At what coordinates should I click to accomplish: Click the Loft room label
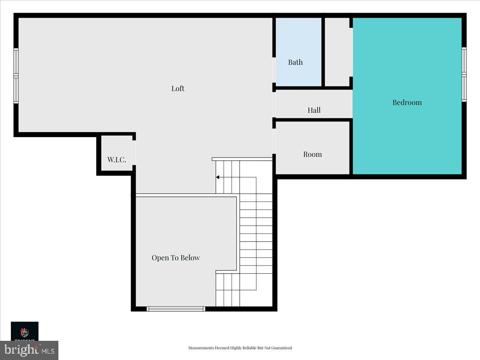[178, 88]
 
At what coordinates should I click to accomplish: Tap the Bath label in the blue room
[295, 62]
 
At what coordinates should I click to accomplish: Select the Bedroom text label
[407, 102]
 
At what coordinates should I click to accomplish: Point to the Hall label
[314, 110]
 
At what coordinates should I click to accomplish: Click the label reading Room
[312, 154]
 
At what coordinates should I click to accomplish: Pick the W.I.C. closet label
[116, 160]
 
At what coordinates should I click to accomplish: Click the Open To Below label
[176, 258]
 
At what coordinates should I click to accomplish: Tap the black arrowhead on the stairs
[218, 177]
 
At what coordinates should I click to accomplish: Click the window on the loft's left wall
[16, 76]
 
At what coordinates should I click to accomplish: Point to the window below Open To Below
[176, 308]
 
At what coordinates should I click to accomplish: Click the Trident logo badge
[24, 332]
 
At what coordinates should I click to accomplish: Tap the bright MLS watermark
[29, 350]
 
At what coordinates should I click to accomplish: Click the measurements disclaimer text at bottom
[240, 348]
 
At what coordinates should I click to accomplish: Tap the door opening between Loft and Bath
[274, 70]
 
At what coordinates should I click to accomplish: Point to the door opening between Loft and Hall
[274, 105]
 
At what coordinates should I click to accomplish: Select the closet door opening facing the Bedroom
[351, 52]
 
